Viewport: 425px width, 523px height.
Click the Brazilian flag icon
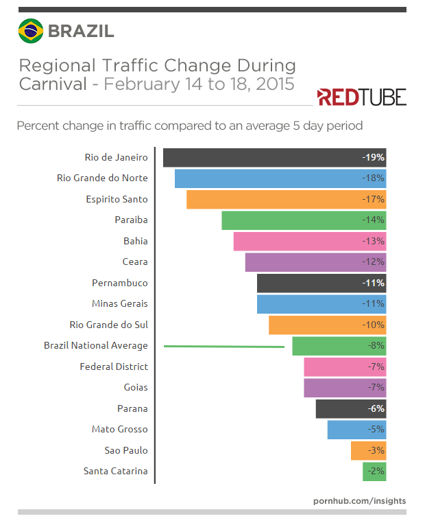[30, 31]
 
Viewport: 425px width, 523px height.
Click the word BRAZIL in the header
[80, 31]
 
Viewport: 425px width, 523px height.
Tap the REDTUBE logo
[361, 97]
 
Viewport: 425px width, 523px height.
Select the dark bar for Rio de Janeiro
[274, 157]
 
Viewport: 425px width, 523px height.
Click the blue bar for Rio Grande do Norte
[280, 178]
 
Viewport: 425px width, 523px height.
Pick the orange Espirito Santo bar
[286, 200]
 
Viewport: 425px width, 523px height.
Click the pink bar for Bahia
[309, 242]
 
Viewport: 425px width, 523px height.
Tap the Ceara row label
[134, 262]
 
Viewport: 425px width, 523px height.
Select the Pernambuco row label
[120, 283]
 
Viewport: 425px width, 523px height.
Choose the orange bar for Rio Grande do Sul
[327, 325]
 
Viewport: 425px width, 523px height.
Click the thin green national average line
[224, 347]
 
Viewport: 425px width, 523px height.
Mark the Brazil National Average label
[95, 346]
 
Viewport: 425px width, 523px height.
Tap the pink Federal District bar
[345, 367]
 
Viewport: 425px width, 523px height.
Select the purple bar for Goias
[345, 388]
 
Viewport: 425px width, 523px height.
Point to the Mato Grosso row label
[119, 430]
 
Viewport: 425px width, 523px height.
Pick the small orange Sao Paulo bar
[368, 451]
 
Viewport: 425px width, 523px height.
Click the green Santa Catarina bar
[374, 472]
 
